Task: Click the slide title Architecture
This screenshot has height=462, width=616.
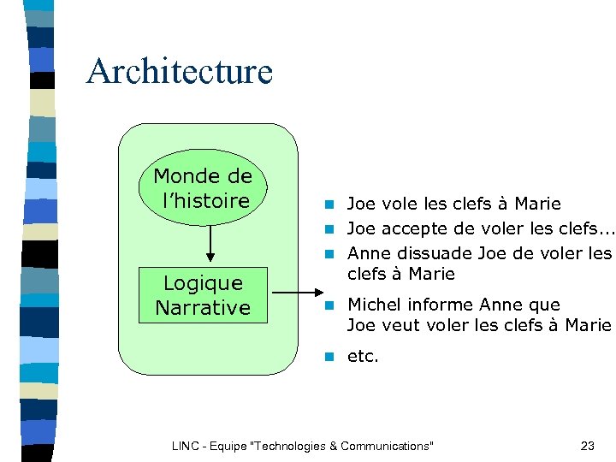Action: tap(179, 71)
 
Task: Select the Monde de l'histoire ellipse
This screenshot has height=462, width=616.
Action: tap(203, 188)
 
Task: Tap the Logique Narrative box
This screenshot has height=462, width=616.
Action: tap(203, 295)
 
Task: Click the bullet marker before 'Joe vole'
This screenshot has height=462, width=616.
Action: tap(328, 204)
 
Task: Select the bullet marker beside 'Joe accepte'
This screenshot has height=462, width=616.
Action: tap(328, 229)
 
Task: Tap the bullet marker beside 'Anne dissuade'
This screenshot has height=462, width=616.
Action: tap(328, 254)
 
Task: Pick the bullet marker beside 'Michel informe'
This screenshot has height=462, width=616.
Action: tap(328, 305)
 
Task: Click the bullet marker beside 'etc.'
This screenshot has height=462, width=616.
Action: tap(328, 357)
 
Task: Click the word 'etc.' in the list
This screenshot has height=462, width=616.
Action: tap(362, 356)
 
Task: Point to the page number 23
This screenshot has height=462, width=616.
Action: tap(587, 446)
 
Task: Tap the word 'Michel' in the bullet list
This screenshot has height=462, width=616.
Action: tap(373, 305)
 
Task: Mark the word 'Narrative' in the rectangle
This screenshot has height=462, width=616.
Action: tap(203, 307)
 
